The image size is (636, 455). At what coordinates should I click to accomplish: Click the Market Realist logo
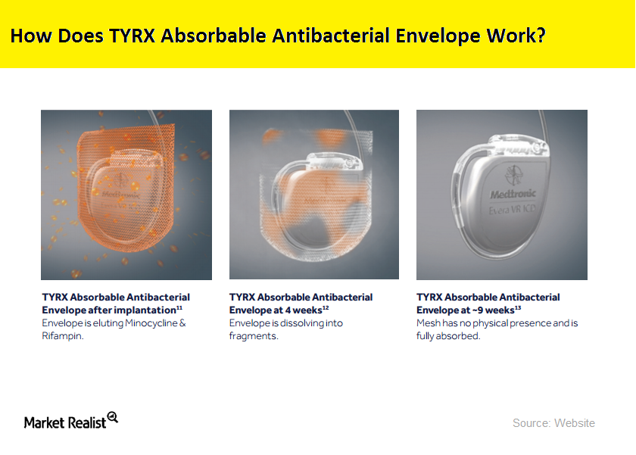click(70, 421)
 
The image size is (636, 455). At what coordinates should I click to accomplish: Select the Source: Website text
click(553, 422)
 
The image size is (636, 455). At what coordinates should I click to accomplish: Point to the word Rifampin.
click(63, 335)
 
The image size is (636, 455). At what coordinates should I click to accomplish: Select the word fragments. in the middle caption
click(254, 335)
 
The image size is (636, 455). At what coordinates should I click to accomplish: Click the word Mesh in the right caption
click(429, 323)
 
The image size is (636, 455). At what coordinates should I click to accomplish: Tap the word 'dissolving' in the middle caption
click(297, 323)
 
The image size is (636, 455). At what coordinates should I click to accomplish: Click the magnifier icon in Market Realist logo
click(113, 417)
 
